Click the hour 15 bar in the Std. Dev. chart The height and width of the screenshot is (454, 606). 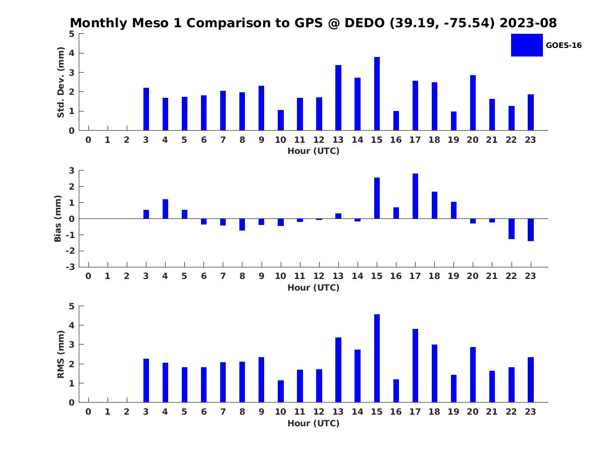[x=377, y=93]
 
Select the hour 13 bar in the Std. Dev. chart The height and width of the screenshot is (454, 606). [x=338, y=97]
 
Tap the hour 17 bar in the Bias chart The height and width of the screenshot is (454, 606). [x=415, y=196]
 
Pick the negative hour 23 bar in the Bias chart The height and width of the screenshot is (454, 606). [x=530, y=230]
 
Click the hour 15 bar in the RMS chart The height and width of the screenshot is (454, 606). [x=377, y=358]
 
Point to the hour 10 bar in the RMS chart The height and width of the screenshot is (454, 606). [x=280, y=391]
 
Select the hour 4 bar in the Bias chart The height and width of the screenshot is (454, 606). [x=165, y=209]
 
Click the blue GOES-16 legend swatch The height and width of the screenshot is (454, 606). [x=527, y=45]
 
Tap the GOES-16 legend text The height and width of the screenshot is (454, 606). [x=564, y=45]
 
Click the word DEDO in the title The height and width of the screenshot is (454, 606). [x=365, y=23]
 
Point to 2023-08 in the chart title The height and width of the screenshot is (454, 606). [x=528, y=23]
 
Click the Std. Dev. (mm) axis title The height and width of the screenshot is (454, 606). [x=61, y=82]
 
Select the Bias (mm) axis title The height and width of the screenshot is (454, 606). [x=58, y=218]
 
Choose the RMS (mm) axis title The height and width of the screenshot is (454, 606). [x=61, y=354]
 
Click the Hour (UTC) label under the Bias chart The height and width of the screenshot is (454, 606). [x=314, y=288]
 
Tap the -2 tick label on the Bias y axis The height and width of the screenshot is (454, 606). [x=70, y=251]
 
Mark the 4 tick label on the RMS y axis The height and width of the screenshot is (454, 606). [x=72, y=325]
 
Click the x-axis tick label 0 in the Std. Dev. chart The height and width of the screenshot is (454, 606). [x=88, y=140]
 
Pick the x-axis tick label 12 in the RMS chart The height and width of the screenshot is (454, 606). [x=319, y=412]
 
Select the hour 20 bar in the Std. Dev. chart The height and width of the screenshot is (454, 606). [x=473, y=102]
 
